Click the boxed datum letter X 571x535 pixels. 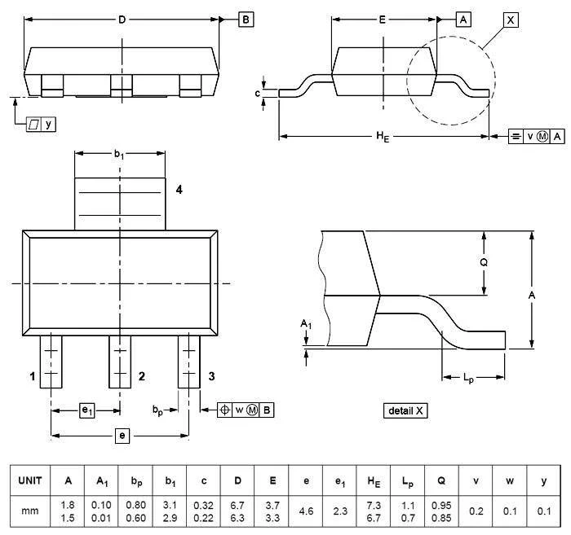coord(511,20)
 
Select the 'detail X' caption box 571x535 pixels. coord(405,410)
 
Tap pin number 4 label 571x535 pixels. coord(179,190)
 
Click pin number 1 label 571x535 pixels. coord(33,376)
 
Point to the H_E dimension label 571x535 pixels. coord(383,137)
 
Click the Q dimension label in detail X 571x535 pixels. coord(484,262)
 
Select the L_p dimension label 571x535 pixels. coord(468,379)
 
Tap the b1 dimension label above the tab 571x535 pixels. coord(119,155)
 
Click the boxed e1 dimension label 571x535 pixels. coord(87,410)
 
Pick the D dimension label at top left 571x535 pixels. coord(122,20)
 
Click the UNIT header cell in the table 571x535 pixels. coord(30,480)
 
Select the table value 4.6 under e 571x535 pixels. coord(306,511)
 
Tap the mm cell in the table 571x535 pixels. coord(30,511)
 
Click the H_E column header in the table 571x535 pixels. coord(374,480)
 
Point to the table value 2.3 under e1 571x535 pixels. coord(340,511)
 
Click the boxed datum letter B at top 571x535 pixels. coord(246,20)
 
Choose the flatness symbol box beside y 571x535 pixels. coord(34,125)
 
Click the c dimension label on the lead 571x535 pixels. coord(258,94)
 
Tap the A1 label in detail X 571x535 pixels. coord(306,323)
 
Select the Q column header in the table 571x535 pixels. coord(441,480)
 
